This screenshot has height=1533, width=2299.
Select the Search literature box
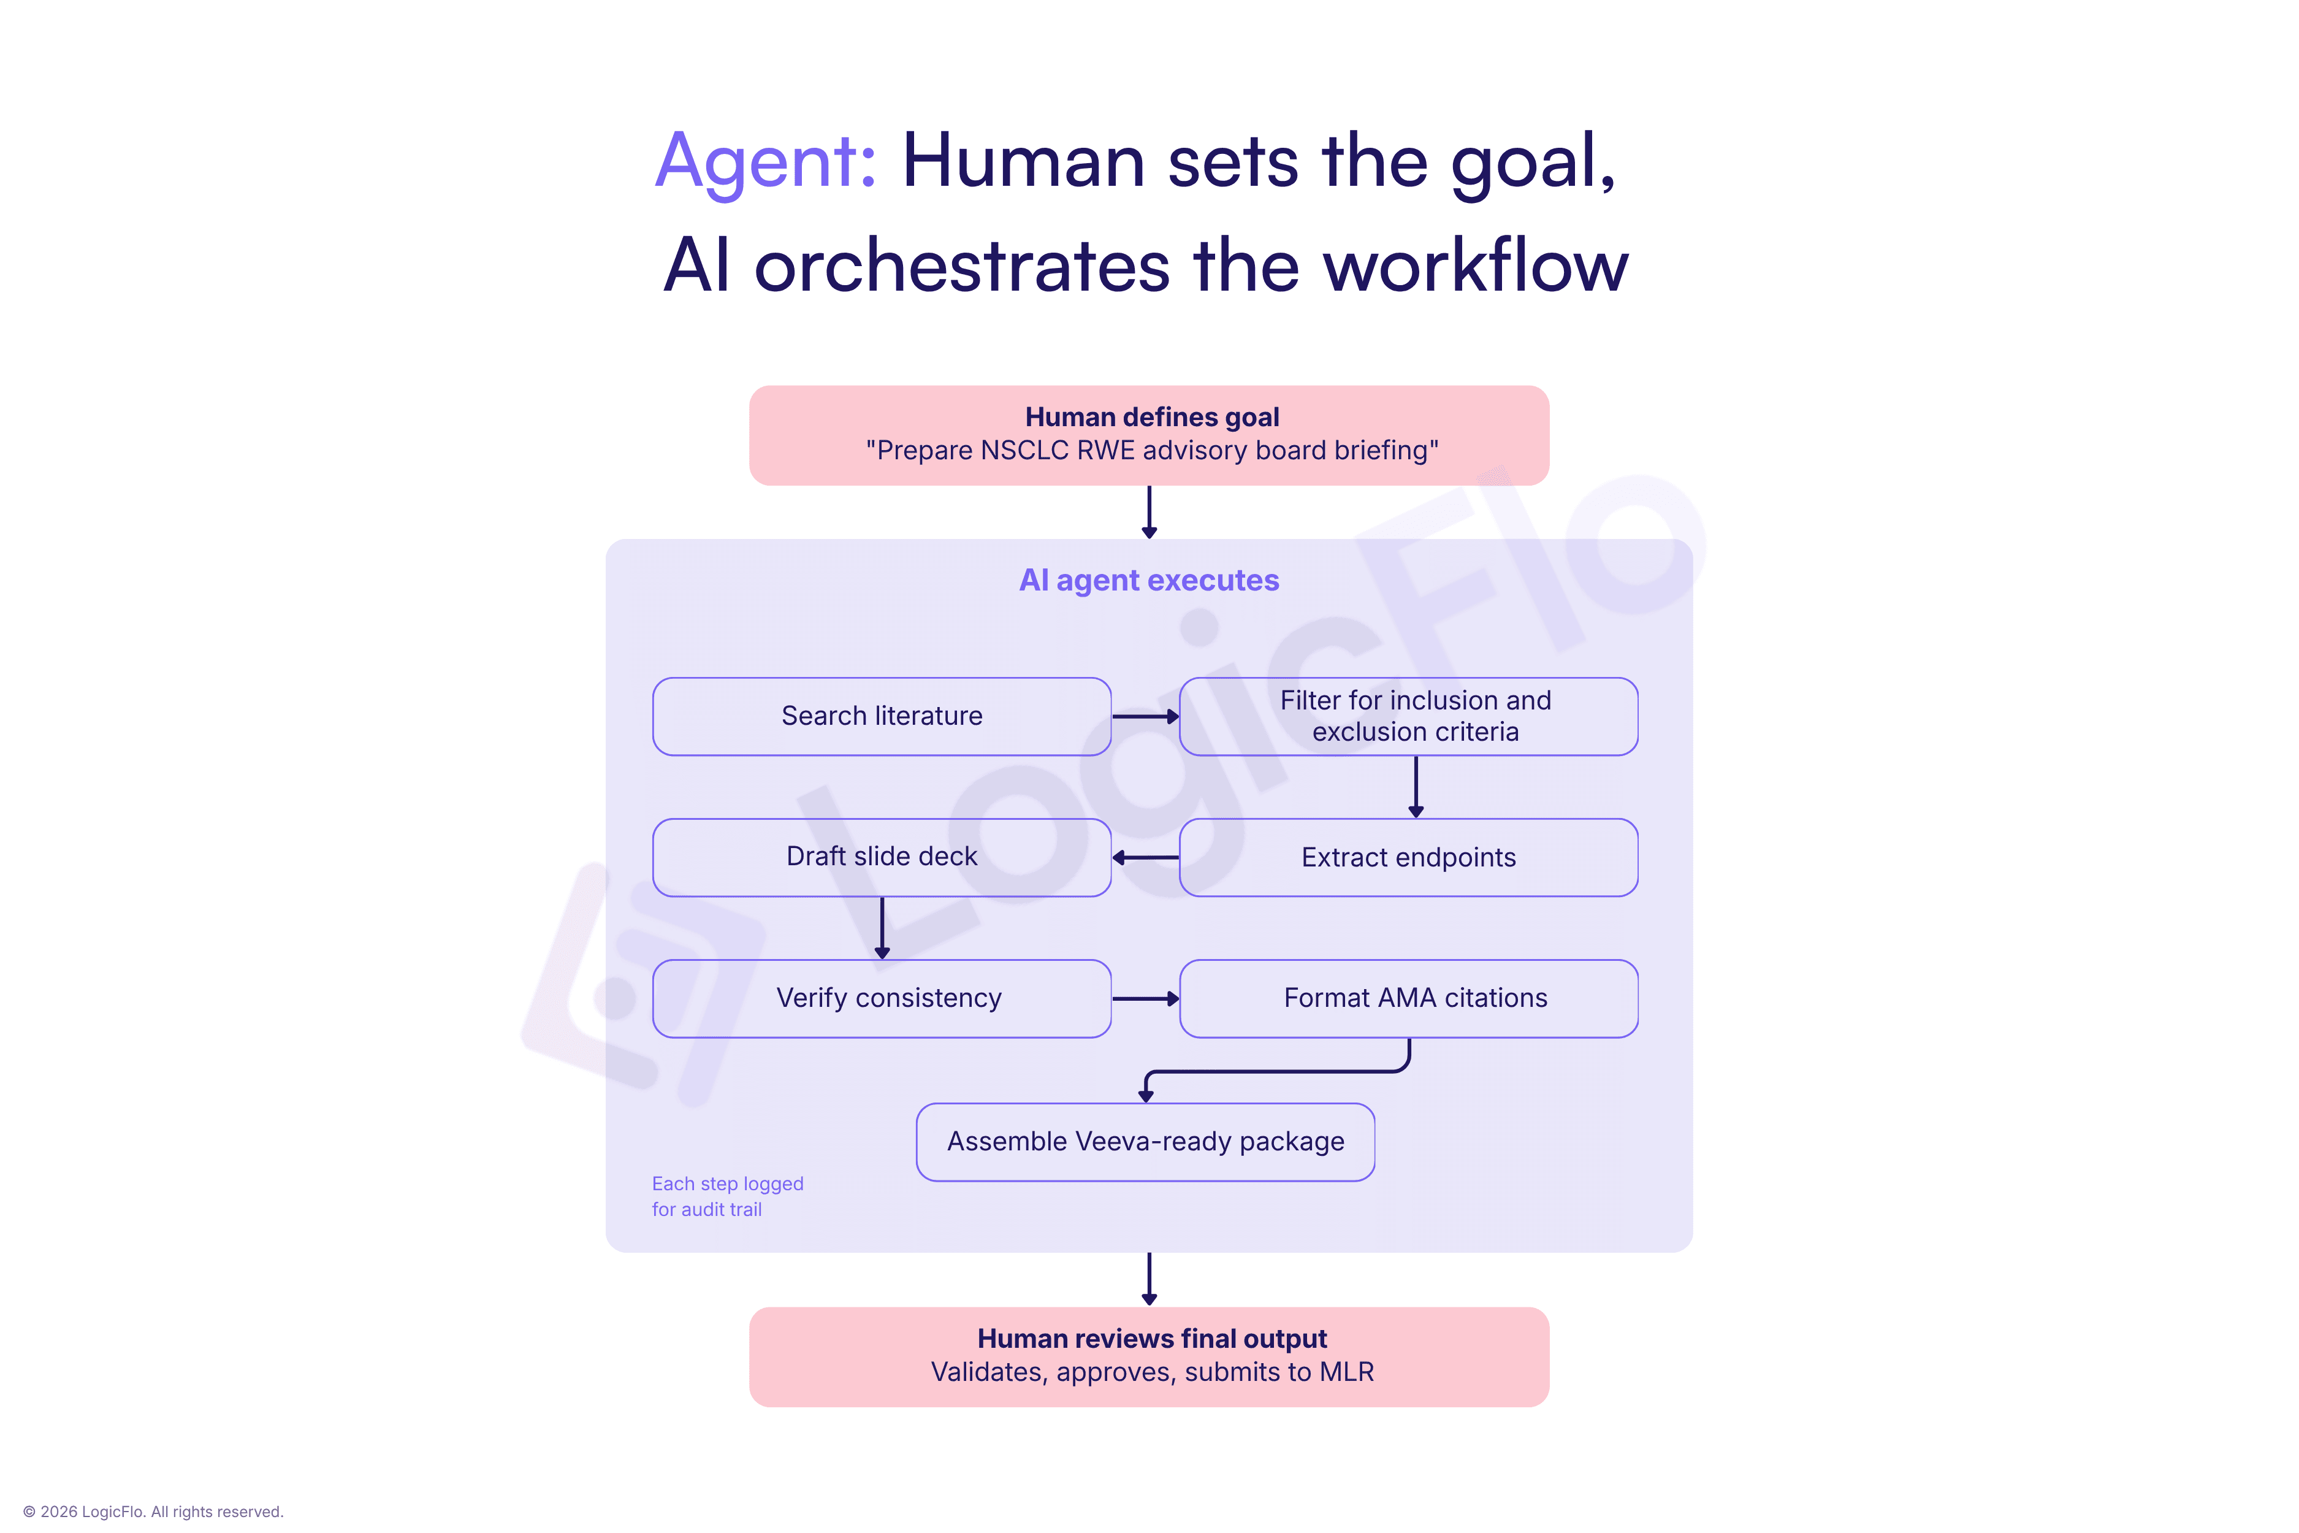882,717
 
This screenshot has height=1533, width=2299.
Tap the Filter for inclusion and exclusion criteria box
1409,717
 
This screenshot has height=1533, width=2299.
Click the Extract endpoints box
1409,857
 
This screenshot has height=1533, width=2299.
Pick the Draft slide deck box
882,857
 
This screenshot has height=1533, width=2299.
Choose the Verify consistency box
882,998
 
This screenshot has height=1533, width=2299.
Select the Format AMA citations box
1409,998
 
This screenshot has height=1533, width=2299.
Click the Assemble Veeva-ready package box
1146,1142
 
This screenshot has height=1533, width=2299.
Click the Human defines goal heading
1151,418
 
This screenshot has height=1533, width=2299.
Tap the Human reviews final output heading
1151,1339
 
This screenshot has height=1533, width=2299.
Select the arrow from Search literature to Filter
1146,717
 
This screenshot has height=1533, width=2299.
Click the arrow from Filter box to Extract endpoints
1416,787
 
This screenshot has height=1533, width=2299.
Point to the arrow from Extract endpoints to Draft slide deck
1146,857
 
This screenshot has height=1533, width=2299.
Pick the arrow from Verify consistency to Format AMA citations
1146,998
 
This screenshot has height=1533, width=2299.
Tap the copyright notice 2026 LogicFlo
153,1512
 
